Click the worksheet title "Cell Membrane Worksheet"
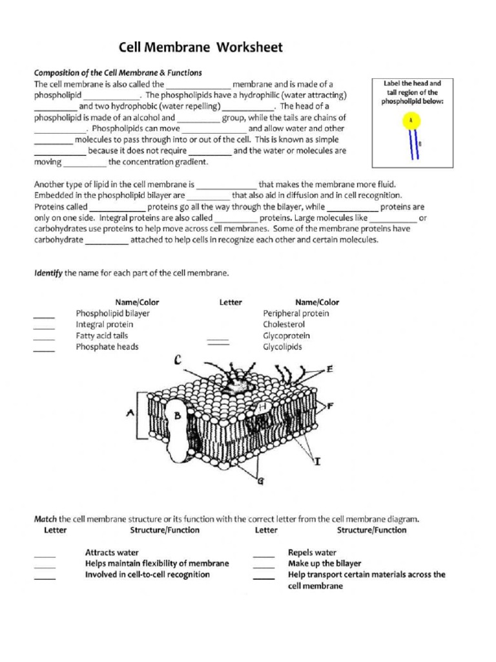pyautogui.click(x=200, y=47)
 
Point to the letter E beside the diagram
pyautogui.click(x=330, y=369)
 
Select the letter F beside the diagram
pyautogui.click(x=330, y=406)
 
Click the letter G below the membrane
pyautogui.click(x=260, y=480)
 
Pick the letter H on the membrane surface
pyautogui.click(x=262, y=407)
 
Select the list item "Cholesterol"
pyautogui.click(x=284, y=325)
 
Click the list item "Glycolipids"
pyautogui.click(x=282, y=347)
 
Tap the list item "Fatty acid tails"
pyautogui.click(x=102, y=336)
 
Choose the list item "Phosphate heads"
pyautogui.click(x=107, y=347)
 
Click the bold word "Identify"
pyautogui.click(x=48, y=273)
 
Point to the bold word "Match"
pyautogui.click(x=45, y=518)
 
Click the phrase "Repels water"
pyautogui.click(x=312, y=553)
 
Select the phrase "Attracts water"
pyautogui.click(x=112, y=553)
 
